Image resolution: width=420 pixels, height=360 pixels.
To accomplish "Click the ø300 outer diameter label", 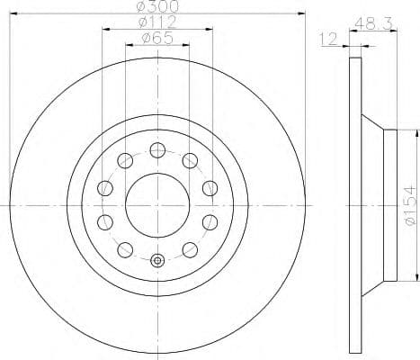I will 158,6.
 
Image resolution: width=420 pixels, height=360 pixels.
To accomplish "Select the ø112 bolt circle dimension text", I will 157,22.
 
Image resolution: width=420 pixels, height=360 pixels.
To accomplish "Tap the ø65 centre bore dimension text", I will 157,39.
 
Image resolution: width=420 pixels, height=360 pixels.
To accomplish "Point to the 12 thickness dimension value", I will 328,40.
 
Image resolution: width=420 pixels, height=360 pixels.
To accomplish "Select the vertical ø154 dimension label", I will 410,204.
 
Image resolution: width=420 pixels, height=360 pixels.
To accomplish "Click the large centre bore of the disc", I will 157,204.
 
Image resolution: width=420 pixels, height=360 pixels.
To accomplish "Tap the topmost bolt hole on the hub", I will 157,149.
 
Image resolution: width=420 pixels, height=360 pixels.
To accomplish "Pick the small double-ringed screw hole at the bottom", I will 157,261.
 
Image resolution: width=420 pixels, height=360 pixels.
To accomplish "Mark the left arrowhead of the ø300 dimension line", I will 13,13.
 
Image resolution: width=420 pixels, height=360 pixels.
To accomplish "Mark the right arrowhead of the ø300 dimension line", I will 303,13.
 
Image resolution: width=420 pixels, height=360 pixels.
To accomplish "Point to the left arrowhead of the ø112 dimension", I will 105,30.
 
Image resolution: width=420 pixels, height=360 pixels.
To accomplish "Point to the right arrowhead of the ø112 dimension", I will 210,30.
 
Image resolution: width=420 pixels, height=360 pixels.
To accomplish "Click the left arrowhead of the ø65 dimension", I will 129,47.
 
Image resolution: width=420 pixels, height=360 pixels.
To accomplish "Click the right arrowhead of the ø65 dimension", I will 186,47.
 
